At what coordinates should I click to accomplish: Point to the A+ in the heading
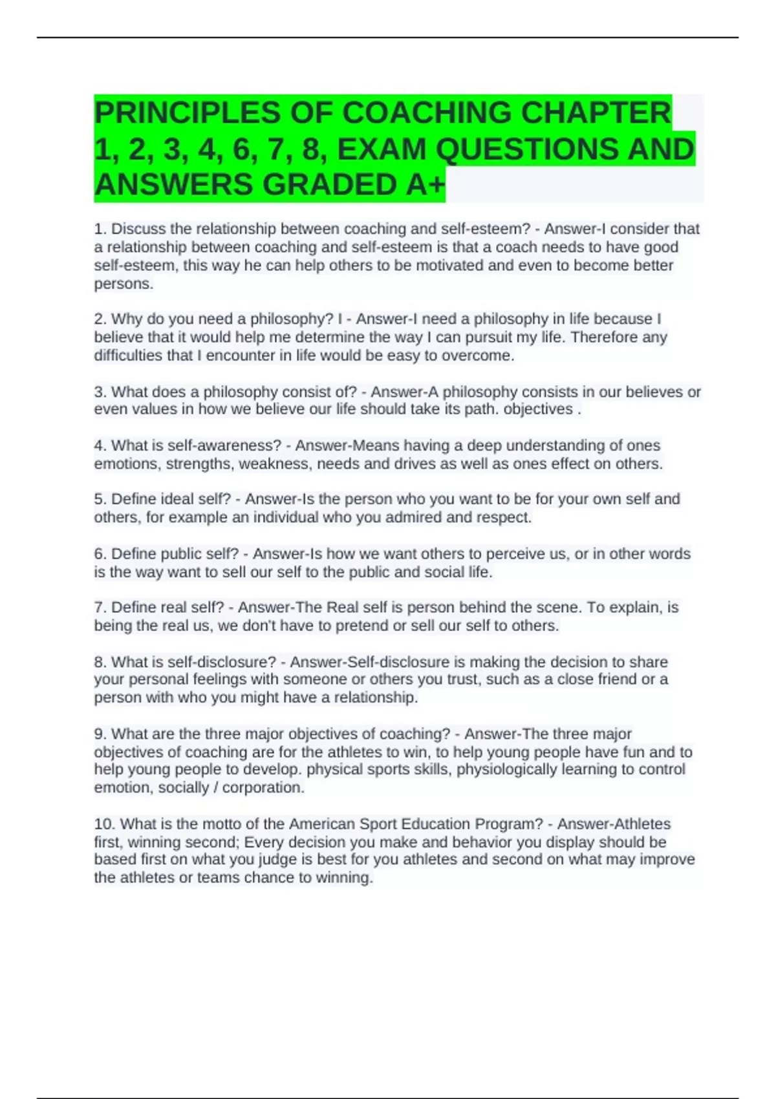pos(426,185)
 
